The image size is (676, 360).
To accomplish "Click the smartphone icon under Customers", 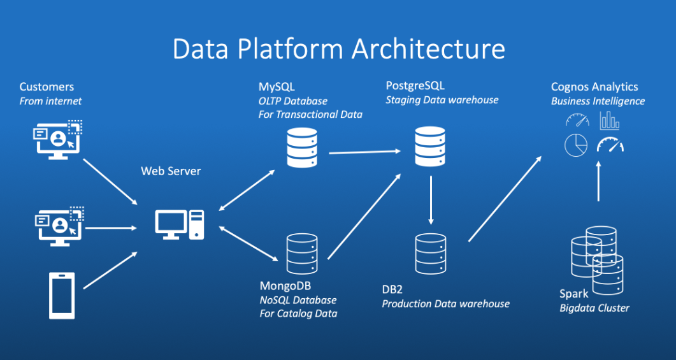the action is coord(62,296).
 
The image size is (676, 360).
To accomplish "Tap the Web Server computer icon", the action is coord(180,225).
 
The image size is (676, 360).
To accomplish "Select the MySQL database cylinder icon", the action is coord(302,147).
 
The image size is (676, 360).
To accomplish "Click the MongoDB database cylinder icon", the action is coord(302,254).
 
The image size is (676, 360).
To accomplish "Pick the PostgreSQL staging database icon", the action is coord(430,147).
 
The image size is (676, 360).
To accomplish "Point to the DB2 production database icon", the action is coord(431,254).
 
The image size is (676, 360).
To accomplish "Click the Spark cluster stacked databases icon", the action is coord(597,261).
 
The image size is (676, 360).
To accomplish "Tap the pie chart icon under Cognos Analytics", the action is coord(576,145).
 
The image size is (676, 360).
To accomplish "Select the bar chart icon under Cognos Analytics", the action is coord(610,120).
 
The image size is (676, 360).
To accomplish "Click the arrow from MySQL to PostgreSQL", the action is coord(364,152).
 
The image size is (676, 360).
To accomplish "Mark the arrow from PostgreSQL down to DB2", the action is coord(430,200).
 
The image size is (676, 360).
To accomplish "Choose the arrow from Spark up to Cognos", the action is coord(598,181).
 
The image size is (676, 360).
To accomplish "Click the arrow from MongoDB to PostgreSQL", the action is coord(364,216).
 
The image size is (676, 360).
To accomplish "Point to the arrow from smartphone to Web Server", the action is coord(110,270).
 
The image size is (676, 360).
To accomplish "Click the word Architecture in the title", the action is coord(428,49).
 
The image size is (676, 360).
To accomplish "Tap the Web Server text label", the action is coord(171,171).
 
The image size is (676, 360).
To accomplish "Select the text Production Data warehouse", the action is coord(446,304).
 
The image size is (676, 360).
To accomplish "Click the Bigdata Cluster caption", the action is coord(594,308).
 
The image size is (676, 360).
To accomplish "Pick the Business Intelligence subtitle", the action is coord(598,101).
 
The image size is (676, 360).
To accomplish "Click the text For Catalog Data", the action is coord(298,313).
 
